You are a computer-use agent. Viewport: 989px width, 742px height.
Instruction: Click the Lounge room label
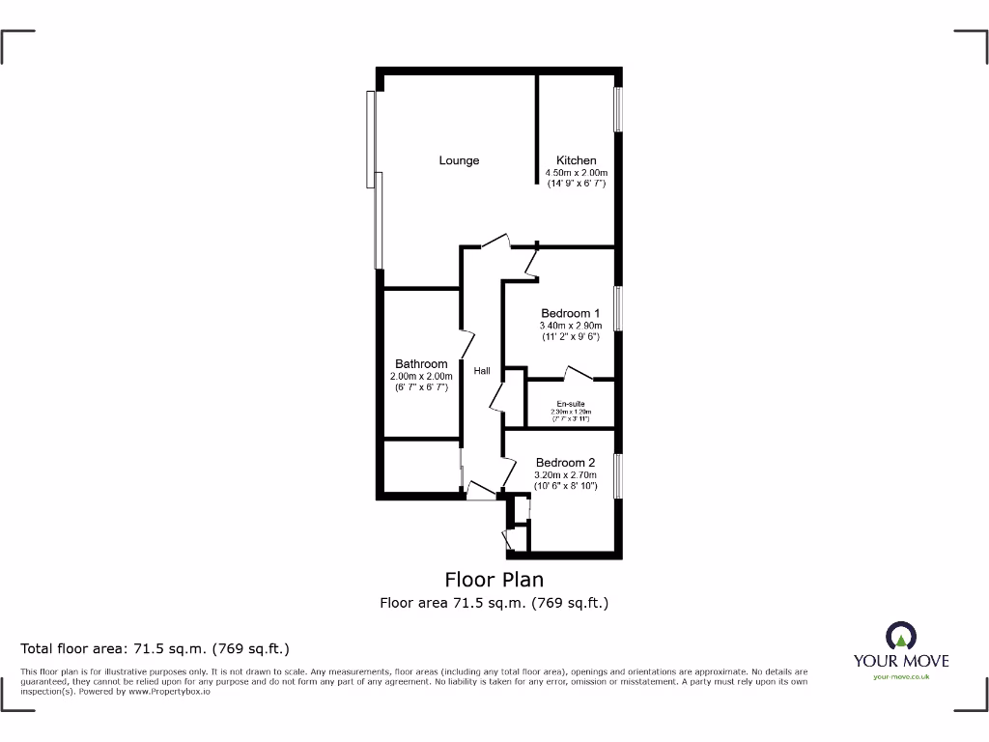(459, 160)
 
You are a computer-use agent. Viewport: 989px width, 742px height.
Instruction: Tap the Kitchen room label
(576, 160)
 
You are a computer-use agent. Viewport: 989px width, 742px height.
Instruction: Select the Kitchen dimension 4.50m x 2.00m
(576, 172)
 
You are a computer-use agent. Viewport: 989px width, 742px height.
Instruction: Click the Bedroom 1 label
(570, 313)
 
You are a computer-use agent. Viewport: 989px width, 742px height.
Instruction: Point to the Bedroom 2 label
(565, 462)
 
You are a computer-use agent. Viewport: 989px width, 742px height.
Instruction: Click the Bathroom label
(421, 364)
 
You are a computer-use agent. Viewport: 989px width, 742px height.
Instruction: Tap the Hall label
(481, 370)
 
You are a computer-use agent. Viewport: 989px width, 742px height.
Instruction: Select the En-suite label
(570, 403)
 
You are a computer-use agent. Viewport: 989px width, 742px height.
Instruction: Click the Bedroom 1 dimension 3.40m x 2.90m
(570, 326)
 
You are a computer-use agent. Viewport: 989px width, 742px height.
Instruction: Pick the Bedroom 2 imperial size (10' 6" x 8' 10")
(565, 486)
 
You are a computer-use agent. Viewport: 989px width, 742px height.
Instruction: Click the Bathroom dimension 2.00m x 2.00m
(421, 376)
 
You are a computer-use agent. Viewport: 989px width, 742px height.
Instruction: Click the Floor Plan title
(494, 580)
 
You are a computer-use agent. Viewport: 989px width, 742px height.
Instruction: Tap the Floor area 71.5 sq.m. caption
(494, 603)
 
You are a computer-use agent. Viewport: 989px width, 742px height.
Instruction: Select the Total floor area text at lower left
(155, 648)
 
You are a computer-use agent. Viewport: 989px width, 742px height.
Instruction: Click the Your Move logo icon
(900, 635)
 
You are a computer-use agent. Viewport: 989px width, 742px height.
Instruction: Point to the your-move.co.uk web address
(900, 677)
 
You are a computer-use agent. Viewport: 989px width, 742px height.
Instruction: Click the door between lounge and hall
(494, 241)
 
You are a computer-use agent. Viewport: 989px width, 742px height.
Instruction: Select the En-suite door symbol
(578, 372)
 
